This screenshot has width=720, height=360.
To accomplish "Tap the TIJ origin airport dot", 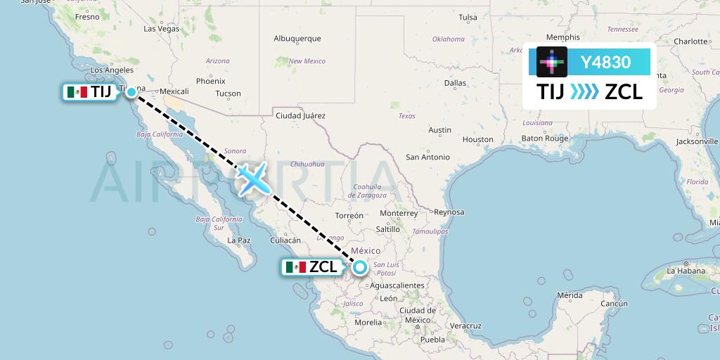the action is click(131, 91).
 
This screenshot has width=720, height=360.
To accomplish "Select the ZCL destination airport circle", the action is click(360, 266).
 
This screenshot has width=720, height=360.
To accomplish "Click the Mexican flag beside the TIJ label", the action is click(76, 92).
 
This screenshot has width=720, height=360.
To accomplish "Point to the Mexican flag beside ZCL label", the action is click(295, 267).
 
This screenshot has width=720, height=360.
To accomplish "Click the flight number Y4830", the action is click(605, 62).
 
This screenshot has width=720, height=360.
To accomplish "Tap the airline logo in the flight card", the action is click(552, 62).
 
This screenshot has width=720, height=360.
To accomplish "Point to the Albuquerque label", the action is click(297, 39).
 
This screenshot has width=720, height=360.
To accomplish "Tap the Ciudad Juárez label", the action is click(300, 115).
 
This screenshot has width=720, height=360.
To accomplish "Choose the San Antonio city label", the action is click(427, 157).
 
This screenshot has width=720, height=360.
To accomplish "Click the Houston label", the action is click(478, 139).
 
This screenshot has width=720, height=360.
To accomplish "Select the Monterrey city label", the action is click(398, 213).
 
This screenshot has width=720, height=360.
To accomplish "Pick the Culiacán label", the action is click(285, 240).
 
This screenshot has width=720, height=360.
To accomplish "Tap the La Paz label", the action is click(239, 240).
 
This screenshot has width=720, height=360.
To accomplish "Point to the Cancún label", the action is click(613, 303).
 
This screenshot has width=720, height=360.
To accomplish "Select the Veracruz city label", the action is click(465, 326).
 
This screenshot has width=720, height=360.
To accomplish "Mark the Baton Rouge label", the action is click(544, 139).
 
